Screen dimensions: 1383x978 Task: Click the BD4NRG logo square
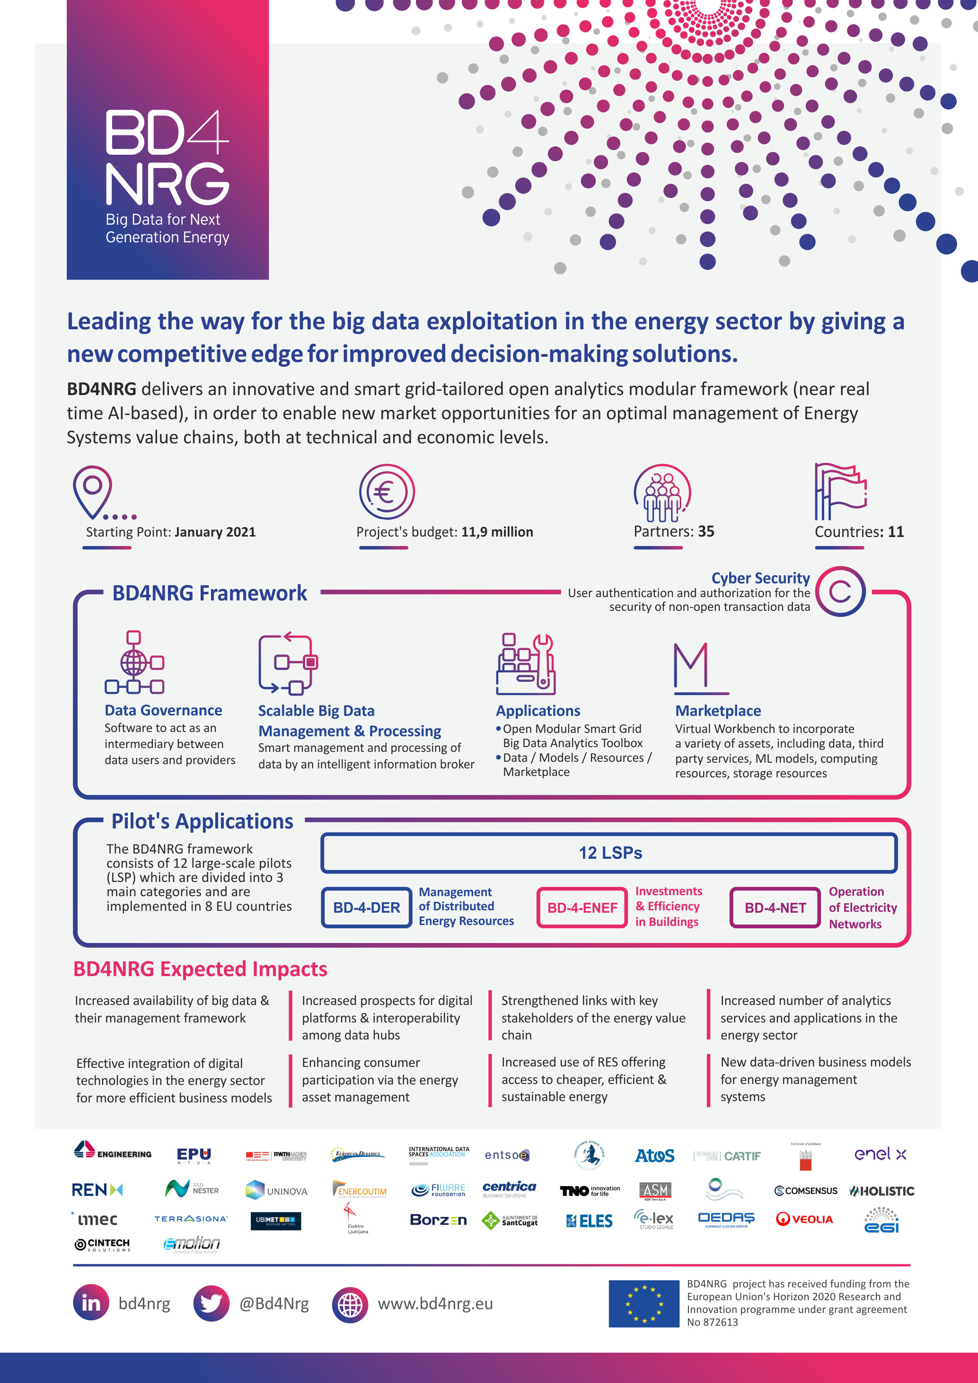[x=167, y=140]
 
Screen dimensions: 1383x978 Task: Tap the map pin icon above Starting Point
[x=93, y=491]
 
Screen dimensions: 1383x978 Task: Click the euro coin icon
[x=387, y=492]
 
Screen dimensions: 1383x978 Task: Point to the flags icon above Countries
[x=840, y=492]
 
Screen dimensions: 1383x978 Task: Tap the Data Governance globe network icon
[x=134, y=662]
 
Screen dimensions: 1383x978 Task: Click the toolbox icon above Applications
[x=525, y=664]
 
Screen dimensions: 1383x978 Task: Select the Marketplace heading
[x=718, y=711]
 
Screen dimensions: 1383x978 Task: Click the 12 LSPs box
[x=609, y=853]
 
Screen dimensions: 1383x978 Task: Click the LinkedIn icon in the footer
[x=91, y=1304]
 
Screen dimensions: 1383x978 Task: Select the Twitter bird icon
[x=211, y=1304]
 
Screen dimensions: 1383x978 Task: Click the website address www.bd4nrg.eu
[x=435, y=1304]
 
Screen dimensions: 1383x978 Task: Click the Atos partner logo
[x=655, y=1155]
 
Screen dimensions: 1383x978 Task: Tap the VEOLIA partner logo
[x=804, y=1219]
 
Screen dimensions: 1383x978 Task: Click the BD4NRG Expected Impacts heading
[x=200, y=969]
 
